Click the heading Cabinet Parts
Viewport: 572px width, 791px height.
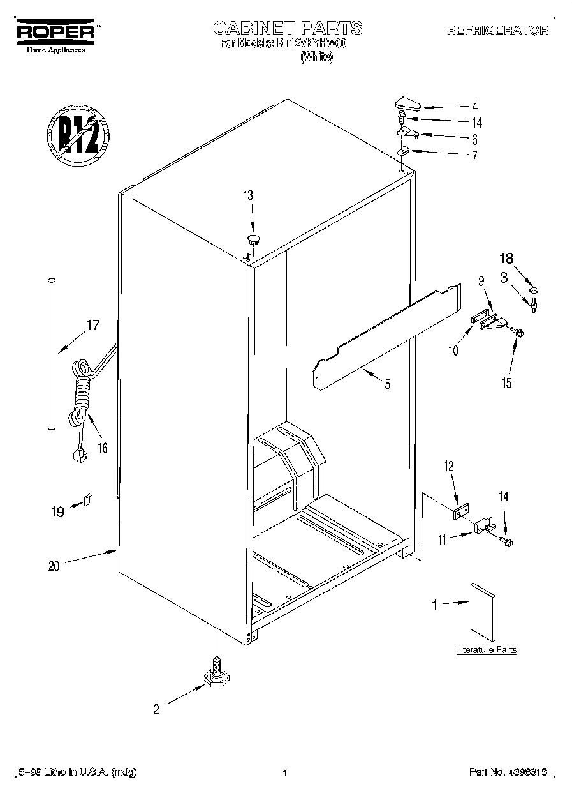288,28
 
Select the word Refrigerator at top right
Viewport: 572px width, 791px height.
497,31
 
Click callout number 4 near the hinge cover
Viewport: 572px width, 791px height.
474,107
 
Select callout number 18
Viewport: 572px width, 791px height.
505,259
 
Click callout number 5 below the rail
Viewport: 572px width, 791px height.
387,384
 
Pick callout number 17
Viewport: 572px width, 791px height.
92,325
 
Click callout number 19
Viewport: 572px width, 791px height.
57,511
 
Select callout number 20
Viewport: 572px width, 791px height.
54,566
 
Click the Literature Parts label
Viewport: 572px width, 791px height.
486,650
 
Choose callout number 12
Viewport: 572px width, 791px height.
449,467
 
